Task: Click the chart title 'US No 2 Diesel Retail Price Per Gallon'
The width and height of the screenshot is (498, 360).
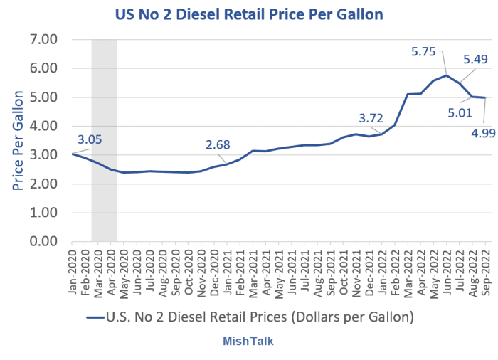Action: point(249,14)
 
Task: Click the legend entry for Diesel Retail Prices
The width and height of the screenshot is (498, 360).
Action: point(249,314)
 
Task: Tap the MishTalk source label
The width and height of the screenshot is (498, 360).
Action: point(249,342)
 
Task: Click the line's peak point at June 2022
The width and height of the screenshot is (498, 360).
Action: point(446,75)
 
